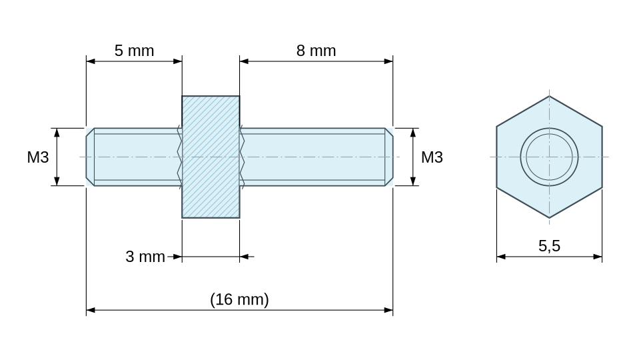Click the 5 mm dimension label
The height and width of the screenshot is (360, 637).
(134, 51)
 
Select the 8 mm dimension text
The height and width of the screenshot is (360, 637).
(316, 51)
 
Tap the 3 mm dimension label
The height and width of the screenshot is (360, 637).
(145, 257)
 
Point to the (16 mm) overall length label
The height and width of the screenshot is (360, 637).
(239, 299)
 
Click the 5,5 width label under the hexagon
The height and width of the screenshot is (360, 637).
(549, 246)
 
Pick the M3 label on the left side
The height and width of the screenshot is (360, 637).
(38, 157)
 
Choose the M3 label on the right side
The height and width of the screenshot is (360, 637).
(432, 157)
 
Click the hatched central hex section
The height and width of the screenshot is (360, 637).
(211, 157)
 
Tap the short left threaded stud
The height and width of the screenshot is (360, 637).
(134, 157)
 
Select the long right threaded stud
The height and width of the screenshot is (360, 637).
(316, 157)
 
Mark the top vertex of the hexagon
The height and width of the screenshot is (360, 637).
(549, 96)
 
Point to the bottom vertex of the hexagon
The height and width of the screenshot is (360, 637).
(549, 218)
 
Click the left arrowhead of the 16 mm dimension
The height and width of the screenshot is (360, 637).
(90, 310)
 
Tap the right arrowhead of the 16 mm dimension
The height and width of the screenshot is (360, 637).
(388, 310)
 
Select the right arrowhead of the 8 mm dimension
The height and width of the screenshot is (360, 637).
(388, 61)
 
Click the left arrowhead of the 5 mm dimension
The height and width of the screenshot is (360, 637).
(90, 61)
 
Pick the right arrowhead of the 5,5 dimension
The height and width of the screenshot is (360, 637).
(598, 257)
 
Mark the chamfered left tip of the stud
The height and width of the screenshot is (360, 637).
(90, 157)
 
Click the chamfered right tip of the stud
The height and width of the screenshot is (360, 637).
(389, 157)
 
